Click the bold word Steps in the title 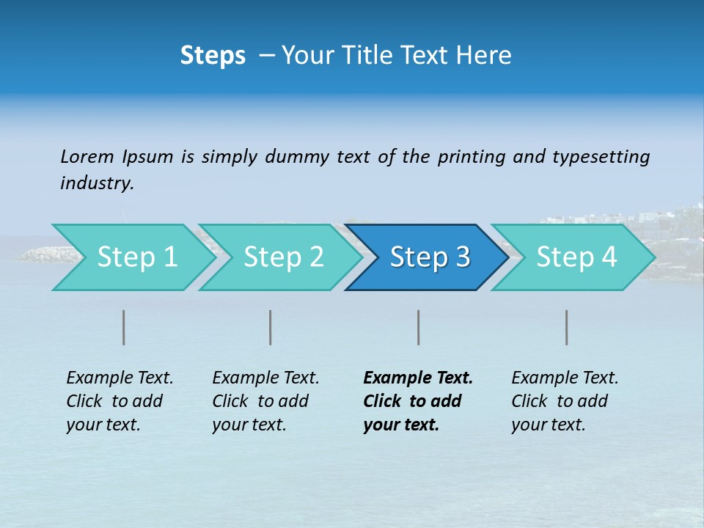213,56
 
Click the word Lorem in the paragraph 87,157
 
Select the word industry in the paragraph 97,183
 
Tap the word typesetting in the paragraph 601,157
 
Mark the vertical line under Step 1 124,327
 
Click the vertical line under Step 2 271,327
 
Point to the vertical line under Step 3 419,327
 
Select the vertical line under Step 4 567,327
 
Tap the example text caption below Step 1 120,401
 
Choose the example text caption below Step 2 265,401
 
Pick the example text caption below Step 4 565,401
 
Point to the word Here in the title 487,56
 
